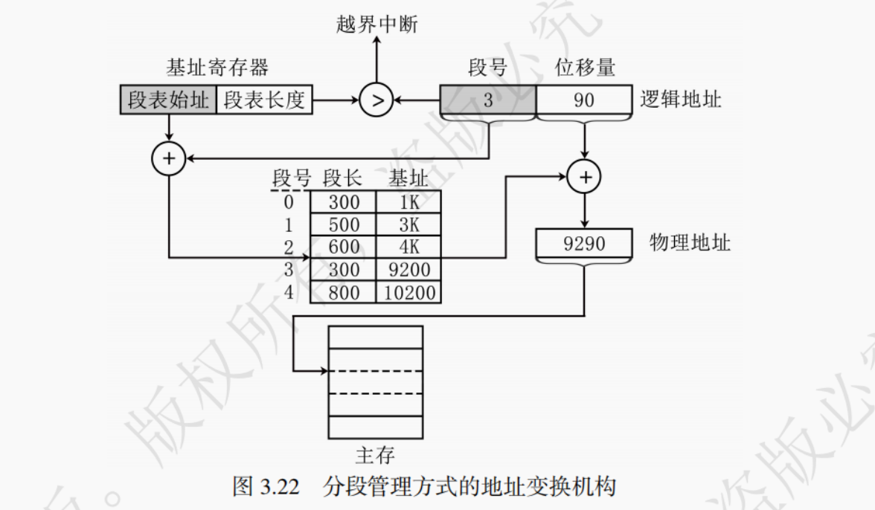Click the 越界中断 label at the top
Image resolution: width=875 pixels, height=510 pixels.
pos(376,25)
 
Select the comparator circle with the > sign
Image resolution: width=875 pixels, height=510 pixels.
pos(376,100)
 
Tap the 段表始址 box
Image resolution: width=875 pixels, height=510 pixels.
pos(168,100)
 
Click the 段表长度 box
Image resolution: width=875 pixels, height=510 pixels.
pos(264,100)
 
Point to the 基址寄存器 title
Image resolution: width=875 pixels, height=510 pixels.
pos(217,68)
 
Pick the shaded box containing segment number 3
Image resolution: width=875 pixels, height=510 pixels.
pos(487,100)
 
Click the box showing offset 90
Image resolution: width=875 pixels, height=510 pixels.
pos(584,100)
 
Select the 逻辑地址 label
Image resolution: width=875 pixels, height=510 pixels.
pos(681,99)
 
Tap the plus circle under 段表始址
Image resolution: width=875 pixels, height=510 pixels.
pos(169,158)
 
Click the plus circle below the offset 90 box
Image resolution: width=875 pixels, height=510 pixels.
pos(584,177)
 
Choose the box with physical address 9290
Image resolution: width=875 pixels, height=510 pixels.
pos(584,243)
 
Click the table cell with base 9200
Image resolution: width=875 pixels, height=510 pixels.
pos(409,269)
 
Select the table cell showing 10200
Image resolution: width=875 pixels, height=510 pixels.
pos(409,292)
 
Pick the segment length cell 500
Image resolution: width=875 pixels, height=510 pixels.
pos(343,225)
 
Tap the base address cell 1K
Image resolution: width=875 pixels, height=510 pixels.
pos(409,202)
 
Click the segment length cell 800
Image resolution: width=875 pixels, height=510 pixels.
pos(343,292)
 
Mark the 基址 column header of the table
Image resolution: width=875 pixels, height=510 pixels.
pos(408,179)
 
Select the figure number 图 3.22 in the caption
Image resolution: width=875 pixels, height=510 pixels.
pos(266,488)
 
